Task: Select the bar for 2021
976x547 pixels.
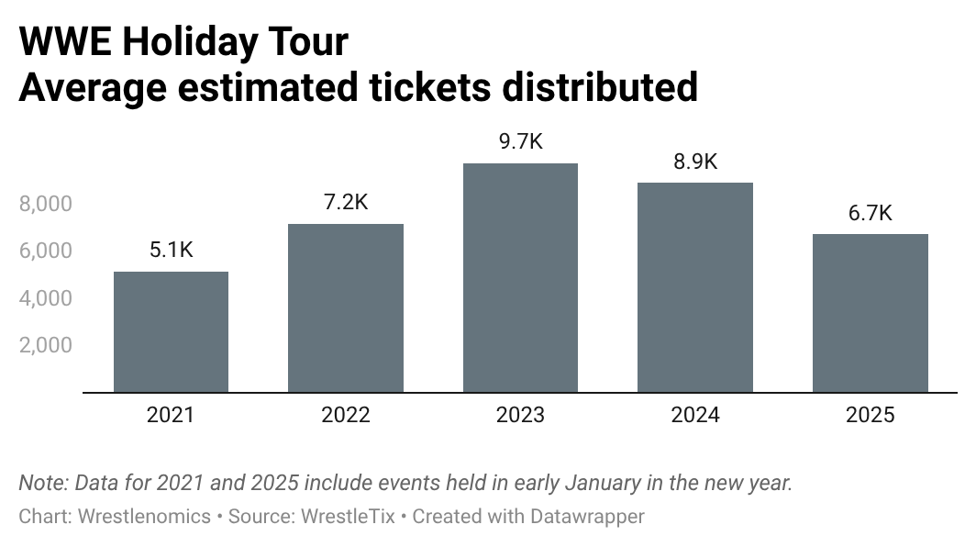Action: click(171, 332)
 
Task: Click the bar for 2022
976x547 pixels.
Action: click(346, 308)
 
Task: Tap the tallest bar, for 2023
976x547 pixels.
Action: click(520, 278)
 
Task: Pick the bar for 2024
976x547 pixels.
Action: click(695, 288)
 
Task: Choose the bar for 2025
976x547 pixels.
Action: click(871, 313)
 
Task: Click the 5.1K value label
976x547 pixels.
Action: click(171, 250)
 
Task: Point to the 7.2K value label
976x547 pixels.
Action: click(346, 202)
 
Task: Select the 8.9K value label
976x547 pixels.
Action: click(695, 162)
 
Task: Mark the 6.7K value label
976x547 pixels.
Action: click(871, 213)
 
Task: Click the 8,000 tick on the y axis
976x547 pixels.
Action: click(45, 204)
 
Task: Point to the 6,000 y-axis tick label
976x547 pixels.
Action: click(45, 251)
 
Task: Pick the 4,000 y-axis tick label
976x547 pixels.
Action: click(45, 298)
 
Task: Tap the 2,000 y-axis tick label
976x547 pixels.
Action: click(45, 345)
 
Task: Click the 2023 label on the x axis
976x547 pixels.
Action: click(520, 415)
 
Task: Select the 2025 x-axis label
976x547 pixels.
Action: click(871, 415)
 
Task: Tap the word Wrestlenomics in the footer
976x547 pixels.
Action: click(144, 517)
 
